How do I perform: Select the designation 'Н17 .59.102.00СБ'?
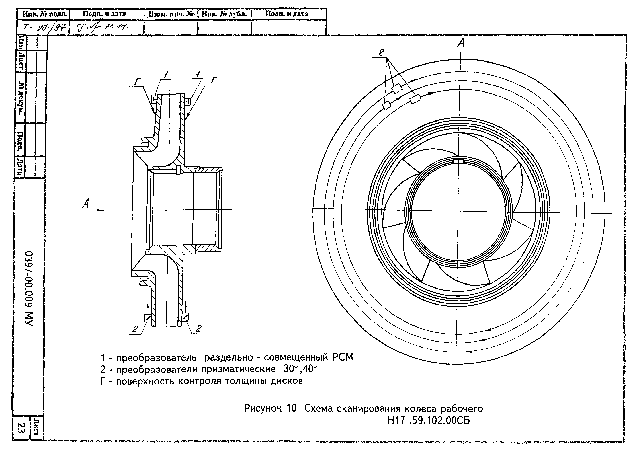(429, 420)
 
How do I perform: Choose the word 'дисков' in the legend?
(287, 381)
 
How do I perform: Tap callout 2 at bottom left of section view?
(135, 329)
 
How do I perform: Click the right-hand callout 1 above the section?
(198, 74)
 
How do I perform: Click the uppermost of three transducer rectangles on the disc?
(397, 89)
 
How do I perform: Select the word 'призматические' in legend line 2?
(238, 369)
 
